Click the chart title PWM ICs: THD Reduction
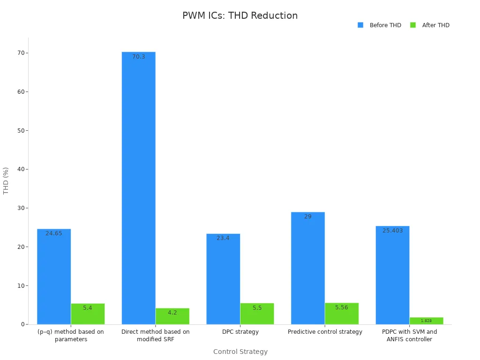click(x=240, y=15)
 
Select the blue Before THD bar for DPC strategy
click(x=223, y=279)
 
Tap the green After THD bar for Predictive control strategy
click(x=342, y=314)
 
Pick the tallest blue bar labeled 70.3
click(x=138, y=187)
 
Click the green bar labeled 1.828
click(x=426, y=321)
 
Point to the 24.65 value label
click(x=54, y=233)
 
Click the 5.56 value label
click(x=342, y=307)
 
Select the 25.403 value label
click(x=392, y=231)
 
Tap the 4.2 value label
click(x=172, y=313)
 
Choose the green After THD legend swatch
click(x=413, y=25)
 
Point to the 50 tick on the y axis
click(x=21, y=131)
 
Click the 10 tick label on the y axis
click(x=21, y=286)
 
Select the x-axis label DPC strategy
click(x=240, y=332)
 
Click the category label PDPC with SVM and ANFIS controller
click(x=409, y=335)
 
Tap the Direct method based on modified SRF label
click(x=155, y=335)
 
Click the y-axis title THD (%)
click(x=6, y=180)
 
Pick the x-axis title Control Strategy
click(x=240, y=352)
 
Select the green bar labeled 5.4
click(x=88, y=314)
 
